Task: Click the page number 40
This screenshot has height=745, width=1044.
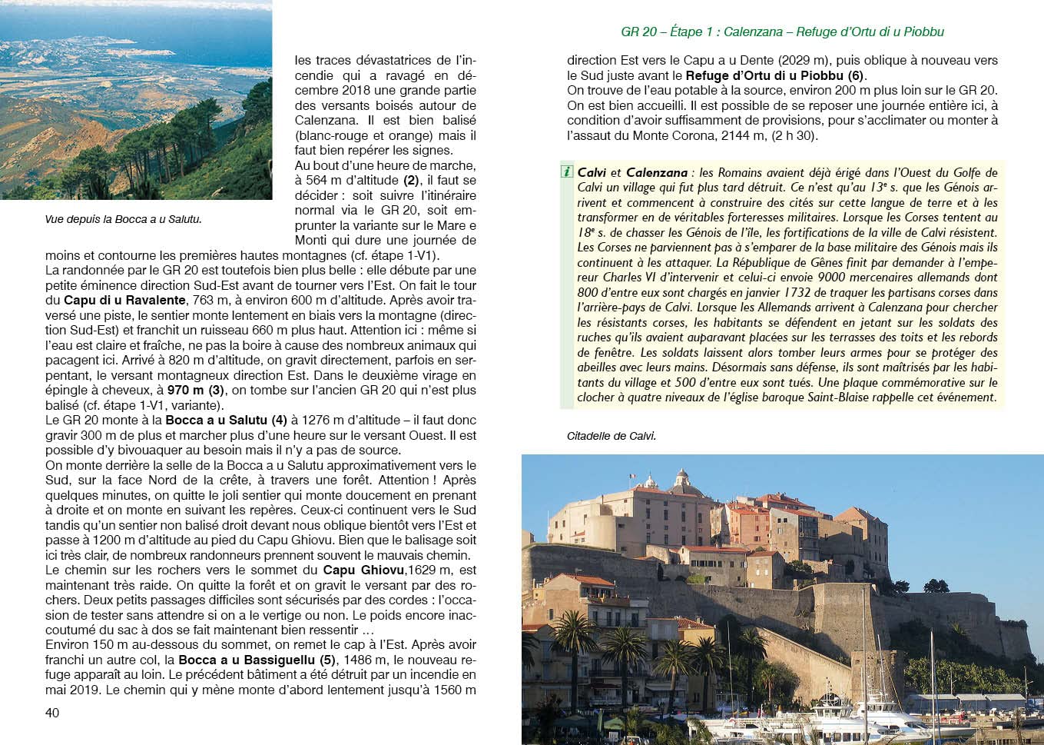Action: coord(52,713)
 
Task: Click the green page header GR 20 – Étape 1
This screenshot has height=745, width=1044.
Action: coord(782,32)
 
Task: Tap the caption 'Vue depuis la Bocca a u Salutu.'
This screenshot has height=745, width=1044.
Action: coord(123,219)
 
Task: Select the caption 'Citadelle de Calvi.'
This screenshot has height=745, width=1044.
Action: coord(611,436)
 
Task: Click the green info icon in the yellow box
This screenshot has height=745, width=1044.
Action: coord(567,171)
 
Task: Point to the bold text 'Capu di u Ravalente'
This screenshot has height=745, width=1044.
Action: coord(124,300)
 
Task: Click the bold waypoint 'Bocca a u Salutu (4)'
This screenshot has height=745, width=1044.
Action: coord(226,420)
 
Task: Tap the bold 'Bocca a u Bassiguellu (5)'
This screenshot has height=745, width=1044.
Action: coord(257,660)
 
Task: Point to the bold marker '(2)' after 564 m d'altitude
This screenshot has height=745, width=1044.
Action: coord(411,180)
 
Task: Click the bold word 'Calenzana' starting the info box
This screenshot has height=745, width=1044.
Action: coord(656,172)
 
